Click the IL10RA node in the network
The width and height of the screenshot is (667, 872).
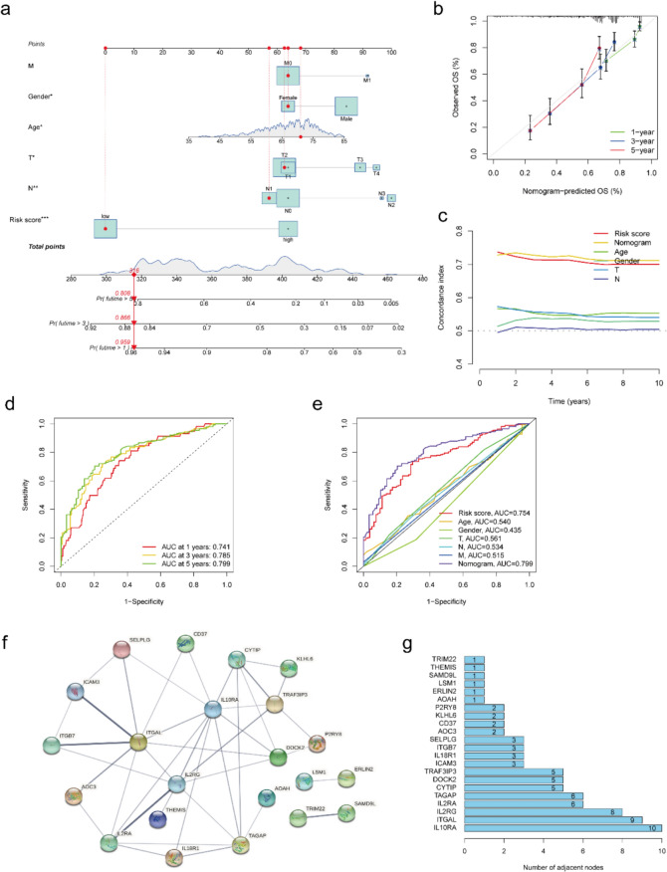(x=213, y=709)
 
